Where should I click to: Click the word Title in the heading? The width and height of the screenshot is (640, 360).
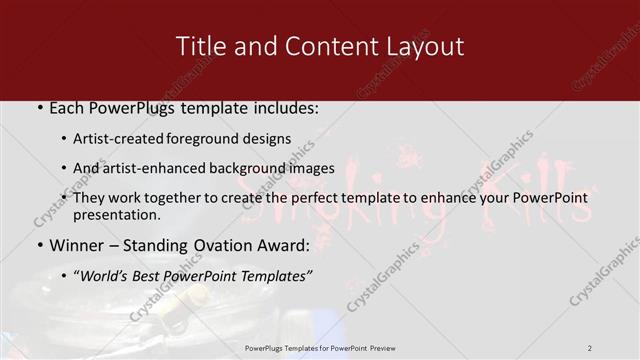coord(200,46)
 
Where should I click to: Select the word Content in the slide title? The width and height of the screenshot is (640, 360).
coord(314,46)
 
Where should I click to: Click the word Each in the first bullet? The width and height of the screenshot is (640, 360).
coord(66,107)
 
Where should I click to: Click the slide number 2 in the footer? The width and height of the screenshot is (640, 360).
coord(590,347)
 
